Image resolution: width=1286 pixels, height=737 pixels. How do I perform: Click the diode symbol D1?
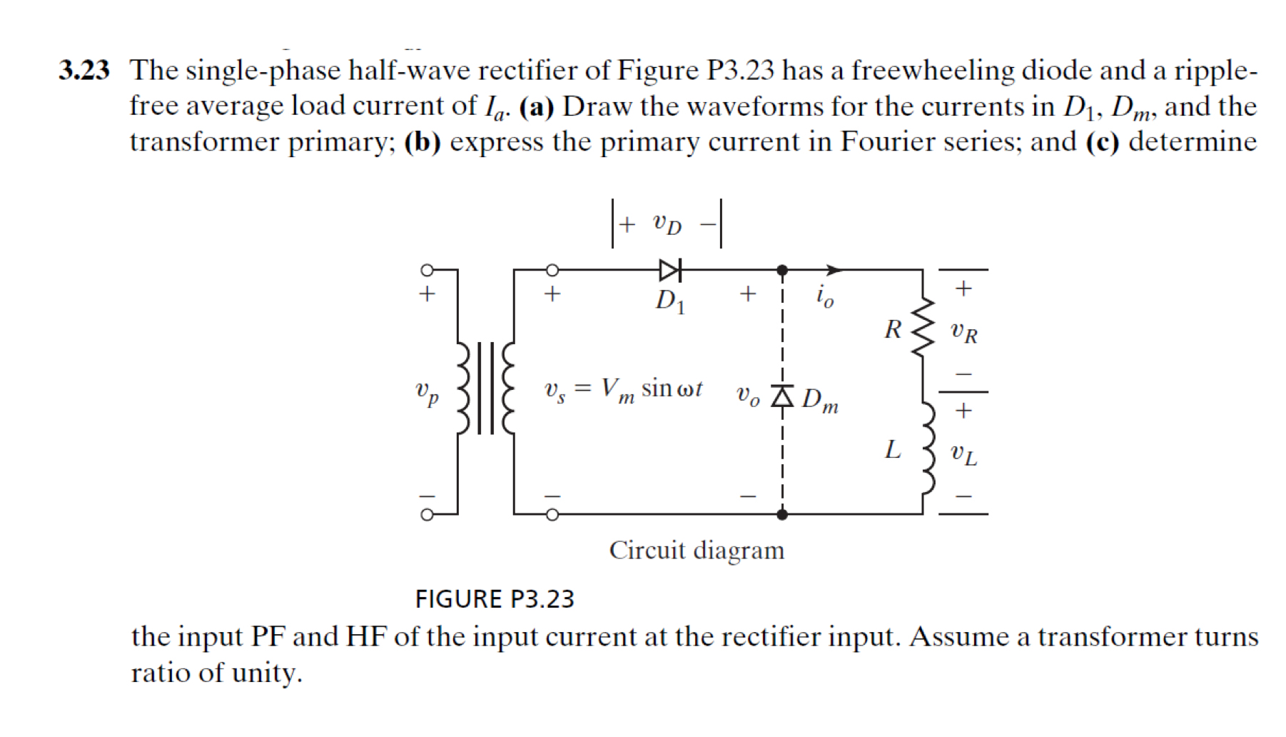tap(670, 270)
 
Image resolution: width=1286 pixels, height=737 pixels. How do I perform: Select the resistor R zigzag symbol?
tap(923, 328)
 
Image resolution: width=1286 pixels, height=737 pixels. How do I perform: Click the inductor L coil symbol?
tap(927, 448)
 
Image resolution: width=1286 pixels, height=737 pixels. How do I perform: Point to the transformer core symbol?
tap(485, 388)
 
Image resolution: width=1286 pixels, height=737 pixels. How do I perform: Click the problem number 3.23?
tap(84, 71)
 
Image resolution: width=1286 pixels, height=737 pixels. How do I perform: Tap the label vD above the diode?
tap(667, 224)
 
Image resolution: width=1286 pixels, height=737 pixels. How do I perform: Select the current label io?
tap(824, 295)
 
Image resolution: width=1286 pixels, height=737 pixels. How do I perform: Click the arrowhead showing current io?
tap(834, 270)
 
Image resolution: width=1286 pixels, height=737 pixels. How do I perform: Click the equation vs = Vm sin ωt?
tap(622, 390)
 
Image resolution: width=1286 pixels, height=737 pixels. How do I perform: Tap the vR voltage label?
tap(963, 331)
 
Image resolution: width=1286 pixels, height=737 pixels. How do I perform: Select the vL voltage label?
tap(963, 453)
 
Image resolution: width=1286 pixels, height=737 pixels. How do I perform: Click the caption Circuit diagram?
tap(697, 551)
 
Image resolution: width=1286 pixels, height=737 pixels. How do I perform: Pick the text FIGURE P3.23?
tap(495, 598)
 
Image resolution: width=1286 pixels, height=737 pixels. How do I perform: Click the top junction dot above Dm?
tap(782, 270)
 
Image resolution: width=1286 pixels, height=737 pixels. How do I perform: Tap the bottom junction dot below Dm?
tap(782, 514)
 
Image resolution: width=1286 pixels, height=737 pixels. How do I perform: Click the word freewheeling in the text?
tap(933, 71)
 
